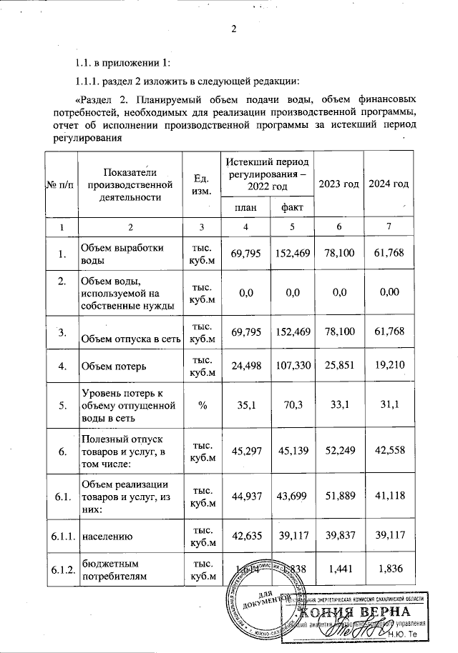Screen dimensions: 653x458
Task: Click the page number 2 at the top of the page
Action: click(x=233, y=29)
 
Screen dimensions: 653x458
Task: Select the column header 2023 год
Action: click(x=338, y=184)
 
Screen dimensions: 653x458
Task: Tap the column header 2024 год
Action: click(x=389, y=184)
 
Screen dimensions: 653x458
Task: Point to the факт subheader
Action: click(x=292, y=207)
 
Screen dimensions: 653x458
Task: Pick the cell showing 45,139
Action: click(x=292, y=450)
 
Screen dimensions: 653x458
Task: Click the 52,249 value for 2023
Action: click(x=338, y=450)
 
